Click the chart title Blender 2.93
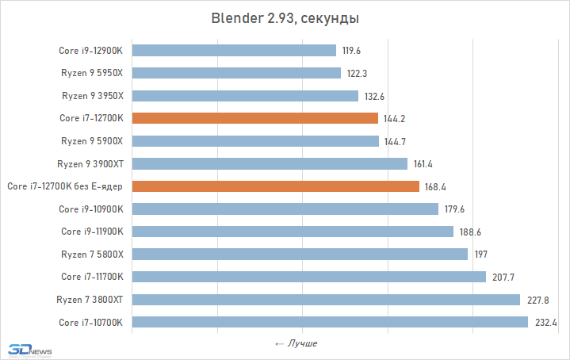tap(285, 18)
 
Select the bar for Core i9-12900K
tap(234, 51)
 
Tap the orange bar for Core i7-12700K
tap(254, 119)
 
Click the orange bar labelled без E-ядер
tap(275, 186)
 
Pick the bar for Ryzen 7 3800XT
tap(326, 300)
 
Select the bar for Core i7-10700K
tap(330, 323)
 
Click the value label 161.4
tap(423, 164)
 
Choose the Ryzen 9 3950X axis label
tap(94, 96)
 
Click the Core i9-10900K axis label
tap(93, 209)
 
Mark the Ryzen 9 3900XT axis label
tap(92, 164)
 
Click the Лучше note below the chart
tap(296, 344)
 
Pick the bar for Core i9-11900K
tap(293, 232)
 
